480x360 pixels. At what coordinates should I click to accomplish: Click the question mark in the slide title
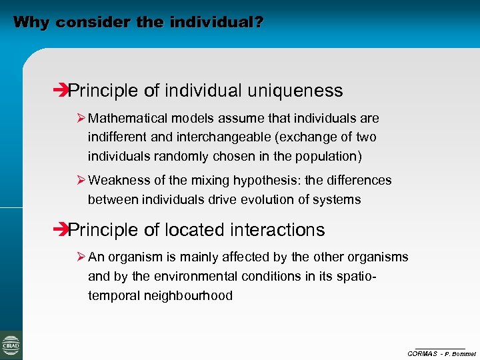pos(258,23)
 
